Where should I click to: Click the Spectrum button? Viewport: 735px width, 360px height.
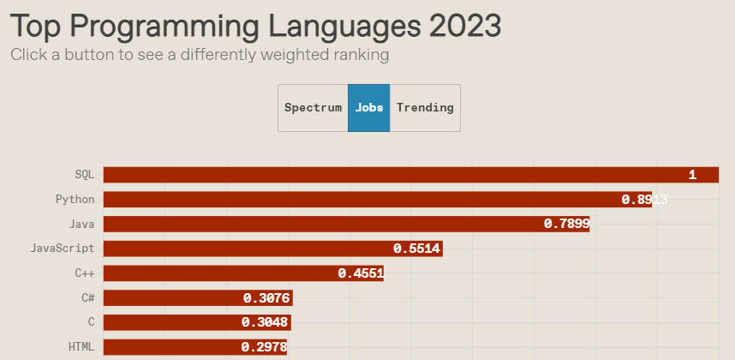point(313,108)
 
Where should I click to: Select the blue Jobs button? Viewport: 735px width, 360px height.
point(369,108)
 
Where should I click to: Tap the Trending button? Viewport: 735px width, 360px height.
point(425,108)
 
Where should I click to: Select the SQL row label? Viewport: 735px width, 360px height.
point(84,175)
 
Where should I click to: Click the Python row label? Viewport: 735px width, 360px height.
point(75,200)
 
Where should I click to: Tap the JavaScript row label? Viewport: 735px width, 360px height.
point(62,249)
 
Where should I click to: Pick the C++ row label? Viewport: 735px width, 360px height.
point(84,273)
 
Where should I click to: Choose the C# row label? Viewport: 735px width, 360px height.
point(87,298)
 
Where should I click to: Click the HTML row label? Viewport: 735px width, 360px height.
point(81,347)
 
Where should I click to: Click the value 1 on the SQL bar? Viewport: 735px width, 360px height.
point(692,175)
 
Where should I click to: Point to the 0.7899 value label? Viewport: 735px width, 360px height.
point(566,225)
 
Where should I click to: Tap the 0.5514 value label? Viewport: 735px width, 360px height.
point(417,249)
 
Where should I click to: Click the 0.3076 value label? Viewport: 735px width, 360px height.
point(267,298)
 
